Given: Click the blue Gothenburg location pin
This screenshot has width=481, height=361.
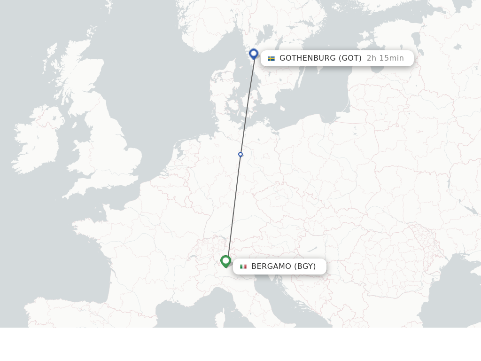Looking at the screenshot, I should pos(254,54).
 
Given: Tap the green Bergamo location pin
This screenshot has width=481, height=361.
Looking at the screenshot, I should pos(225,261).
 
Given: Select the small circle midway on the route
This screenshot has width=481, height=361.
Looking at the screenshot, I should pos(240,154).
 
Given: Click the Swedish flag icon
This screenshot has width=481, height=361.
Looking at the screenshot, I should pos(271,58).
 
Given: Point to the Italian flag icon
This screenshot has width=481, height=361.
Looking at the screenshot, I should pos(243,267).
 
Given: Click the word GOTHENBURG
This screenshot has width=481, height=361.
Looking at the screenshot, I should pos(308,58).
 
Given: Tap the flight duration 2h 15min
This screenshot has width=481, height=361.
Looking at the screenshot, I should pos(385,58).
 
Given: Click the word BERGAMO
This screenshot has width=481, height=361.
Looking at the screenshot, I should pos(271,267).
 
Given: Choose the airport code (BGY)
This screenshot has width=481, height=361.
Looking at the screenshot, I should pos(305,267).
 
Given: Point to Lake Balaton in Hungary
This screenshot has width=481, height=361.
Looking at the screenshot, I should pos(314,249).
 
